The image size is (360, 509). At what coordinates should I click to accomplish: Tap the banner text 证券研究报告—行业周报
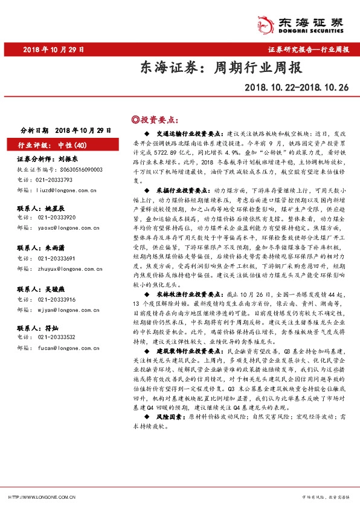coord(307,50)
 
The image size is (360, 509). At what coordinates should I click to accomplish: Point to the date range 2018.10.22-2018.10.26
coord(297,88)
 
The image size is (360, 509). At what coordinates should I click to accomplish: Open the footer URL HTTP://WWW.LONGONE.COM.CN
coord(41,497)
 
